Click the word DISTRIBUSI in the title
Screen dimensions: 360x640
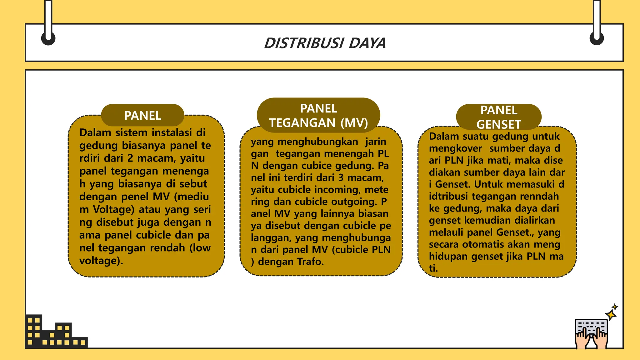coord(304,43)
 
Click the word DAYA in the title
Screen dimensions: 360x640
coord(367,43)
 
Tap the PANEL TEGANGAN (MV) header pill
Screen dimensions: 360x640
coord(318,115)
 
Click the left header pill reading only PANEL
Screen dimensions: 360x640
coord(142,116)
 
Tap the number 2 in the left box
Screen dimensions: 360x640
coord(130,158)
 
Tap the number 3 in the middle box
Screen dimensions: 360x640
coord(341,177)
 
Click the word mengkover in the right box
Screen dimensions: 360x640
coord(455,148)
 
